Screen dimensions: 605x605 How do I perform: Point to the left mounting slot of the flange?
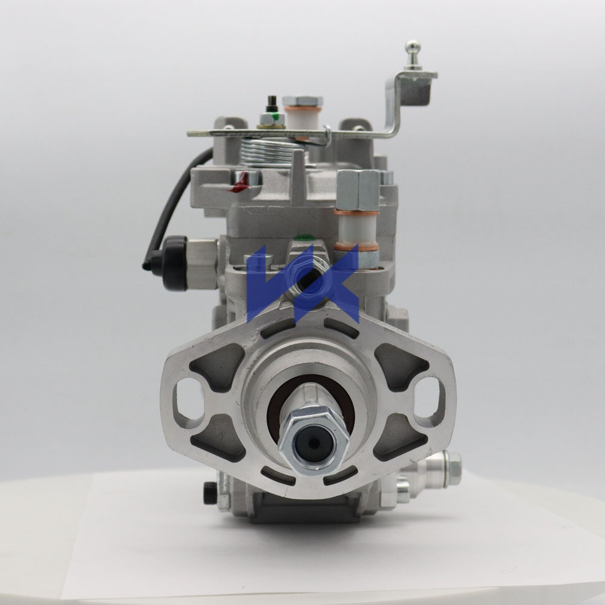[184, 401]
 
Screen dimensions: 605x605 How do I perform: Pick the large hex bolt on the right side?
[358, 189]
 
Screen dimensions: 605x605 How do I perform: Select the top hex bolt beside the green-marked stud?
[302, 101]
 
